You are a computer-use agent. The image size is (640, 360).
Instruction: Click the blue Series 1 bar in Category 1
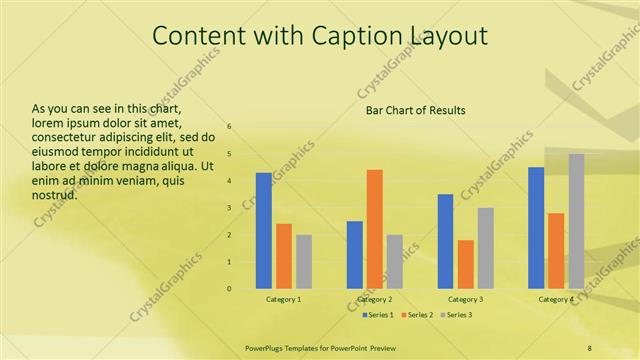point(263,231)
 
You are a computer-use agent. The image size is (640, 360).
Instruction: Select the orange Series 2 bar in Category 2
point(374,229)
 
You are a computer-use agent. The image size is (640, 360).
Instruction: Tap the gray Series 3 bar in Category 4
point(576,221)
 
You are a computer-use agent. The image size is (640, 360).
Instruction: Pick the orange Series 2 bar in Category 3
point(465,264)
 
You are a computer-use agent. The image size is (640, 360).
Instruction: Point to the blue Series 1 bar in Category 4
point(536,228)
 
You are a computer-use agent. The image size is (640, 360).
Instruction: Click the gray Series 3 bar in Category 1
point(304,262)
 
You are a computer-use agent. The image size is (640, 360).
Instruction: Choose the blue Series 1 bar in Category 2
point(354,255)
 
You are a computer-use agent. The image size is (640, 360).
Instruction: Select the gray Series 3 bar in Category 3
point(485,248)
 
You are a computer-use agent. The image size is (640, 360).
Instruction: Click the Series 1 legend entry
point(377,315)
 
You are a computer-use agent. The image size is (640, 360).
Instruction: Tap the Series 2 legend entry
point(417,315)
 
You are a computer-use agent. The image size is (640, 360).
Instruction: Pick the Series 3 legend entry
point(457,315)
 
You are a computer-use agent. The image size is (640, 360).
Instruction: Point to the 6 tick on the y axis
point(230,127)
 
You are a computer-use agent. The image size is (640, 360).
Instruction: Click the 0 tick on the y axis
point(230,289)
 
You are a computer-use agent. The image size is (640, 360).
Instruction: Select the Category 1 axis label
point(284,299)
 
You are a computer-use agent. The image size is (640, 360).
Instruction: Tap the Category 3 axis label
point(465,299)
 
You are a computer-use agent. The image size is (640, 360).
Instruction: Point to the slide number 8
point(590,347)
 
